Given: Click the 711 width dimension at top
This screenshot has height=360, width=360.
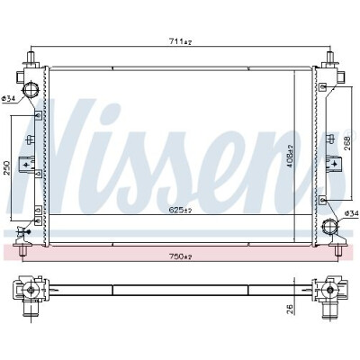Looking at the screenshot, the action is pyautogui.click(x=180, y=41).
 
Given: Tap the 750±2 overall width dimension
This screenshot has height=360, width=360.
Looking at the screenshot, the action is pyautogui.click(x=180, y=256).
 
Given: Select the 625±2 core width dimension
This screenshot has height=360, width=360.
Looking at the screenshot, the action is pyautogui.click(x=180, y=210).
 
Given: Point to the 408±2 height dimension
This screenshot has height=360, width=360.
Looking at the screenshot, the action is pyautogui.click(x=290, y=157).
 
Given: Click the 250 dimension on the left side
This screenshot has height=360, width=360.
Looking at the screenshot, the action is pyautogui.click(x=7, y=168).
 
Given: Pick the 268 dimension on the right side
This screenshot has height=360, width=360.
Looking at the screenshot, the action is pyautogui.click(x=347, y=144).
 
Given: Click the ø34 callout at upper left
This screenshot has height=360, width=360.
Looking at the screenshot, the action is pyautogui.click(x=8, y=98).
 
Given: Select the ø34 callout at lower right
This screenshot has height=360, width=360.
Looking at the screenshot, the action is pyautogui.click(x=352, y=213).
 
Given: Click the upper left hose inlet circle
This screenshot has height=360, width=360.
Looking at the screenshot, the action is pyautogui.click(x=31, y=89).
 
